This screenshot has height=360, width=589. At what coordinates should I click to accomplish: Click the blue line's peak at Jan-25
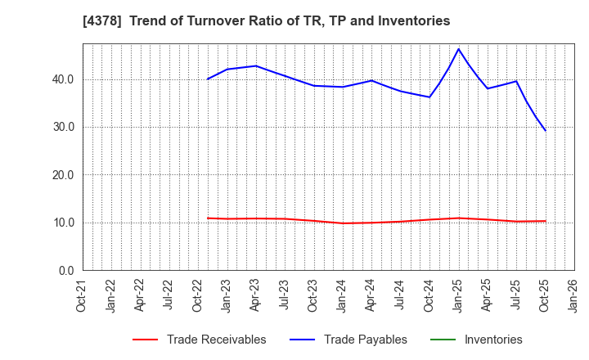[458, 49]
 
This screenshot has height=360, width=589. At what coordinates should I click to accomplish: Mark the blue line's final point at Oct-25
[546, 131]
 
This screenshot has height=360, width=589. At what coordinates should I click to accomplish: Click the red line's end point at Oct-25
[546, 221]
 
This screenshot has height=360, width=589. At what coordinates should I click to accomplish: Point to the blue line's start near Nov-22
[208, 79]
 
